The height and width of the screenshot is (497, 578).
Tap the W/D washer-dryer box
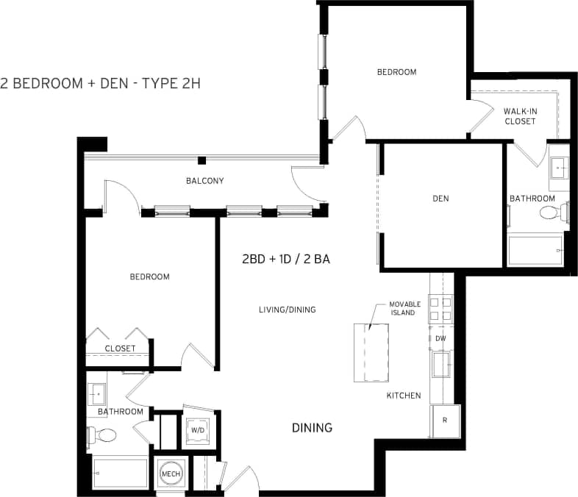click(x=198, y=429)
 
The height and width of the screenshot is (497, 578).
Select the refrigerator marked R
click(x=445, y=421)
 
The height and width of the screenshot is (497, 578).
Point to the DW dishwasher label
click(x=440, y=338)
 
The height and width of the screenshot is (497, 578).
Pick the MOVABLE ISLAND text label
click(x=403, y=308)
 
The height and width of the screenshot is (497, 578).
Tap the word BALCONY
click(x=204, y=181)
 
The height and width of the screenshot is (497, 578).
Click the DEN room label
click(x=441, y=199)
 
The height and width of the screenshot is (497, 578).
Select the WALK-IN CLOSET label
click(x=519, y=116)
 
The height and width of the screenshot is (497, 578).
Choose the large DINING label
click(x=312, y=428)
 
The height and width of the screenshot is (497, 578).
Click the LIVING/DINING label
click(x=287, y=310)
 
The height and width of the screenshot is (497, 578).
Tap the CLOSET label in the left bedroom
click(x=120, y=348)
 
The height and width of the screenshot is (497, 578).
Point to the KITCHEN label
click(x=404, y=396)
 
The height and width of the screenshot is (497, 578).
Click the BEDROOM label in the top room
click(x=396, y=72)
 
